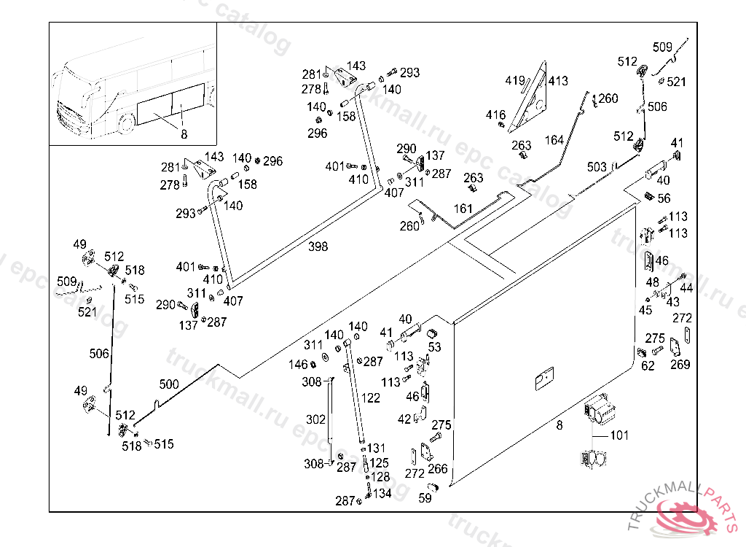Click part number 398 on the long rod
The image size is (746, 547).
click(x=318, y=247)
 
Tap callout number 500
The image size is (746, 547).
click(x=169, y=384)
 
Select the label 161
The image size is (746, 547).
click(x=463, y=209)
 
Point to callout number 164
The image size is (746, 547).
click(x=554, y=140)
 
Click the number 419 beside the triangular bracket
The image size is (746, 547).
click(x=515, y=80)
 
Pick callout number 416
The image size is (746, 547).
click(x=496, y=115)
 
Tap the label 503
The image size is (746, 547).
click(x=597, y=168)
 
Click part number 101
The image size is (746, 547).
click(x=619, y=436)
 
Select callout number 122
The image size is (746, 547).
click(x=371, y=398)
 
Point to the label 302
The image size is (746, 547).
click(x=315, y=419)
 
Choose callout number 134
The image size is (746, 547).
click(x=382, y=494)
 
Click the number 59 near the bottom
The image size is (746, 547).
click(x=425, y=499)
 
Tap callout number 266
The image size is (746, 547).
click(x=438, y=469)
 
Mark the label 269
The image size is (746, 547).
click(x=680, y=365)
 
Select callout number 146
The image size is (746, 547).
click(x=299, y=365)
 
